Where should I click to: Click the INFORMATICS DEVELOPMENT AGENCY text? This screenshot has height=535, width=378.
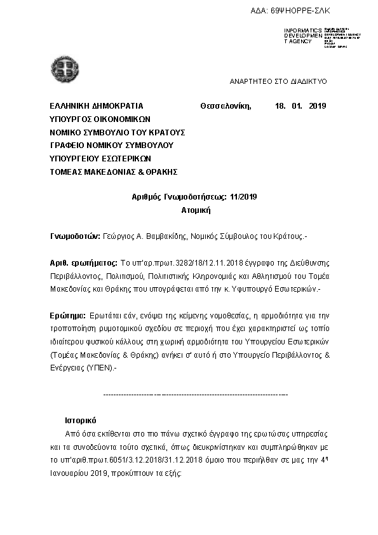[302, 36]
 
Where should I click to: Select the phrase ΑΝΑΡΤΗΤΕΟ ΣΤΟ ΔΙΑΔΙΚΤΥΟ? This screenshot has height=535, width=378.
[278, 82]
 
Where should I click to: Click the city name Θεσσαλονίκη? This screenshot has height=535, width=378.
[227, 106]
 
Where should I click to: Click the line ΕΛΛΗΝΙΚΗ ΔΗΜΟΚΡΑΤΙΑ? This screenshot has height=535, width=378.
[97, 106]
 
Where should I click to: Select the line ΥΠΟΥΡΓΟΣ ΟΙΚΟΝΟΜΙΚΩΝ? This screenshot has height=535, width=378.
[100, 119]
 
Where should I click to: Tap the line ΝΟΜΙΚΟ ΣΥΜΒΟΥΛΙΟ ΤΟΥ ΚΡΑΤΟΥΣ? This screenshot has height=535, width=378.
[118, 132]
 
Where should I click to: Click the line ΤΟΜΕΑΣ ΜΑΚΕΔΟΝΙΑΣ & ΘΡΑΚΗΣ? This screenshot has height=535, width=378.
[113, 172]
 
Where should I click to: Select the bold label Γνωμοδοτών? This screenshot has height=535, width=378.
[75, 236]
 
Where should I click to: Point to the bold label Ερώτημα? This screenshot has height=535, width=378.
[67, 315]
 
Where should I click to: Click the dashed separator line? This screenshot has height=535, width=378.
[195, 395]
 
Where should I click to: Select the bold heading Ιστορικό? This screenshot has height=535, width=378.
[80, 421]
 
